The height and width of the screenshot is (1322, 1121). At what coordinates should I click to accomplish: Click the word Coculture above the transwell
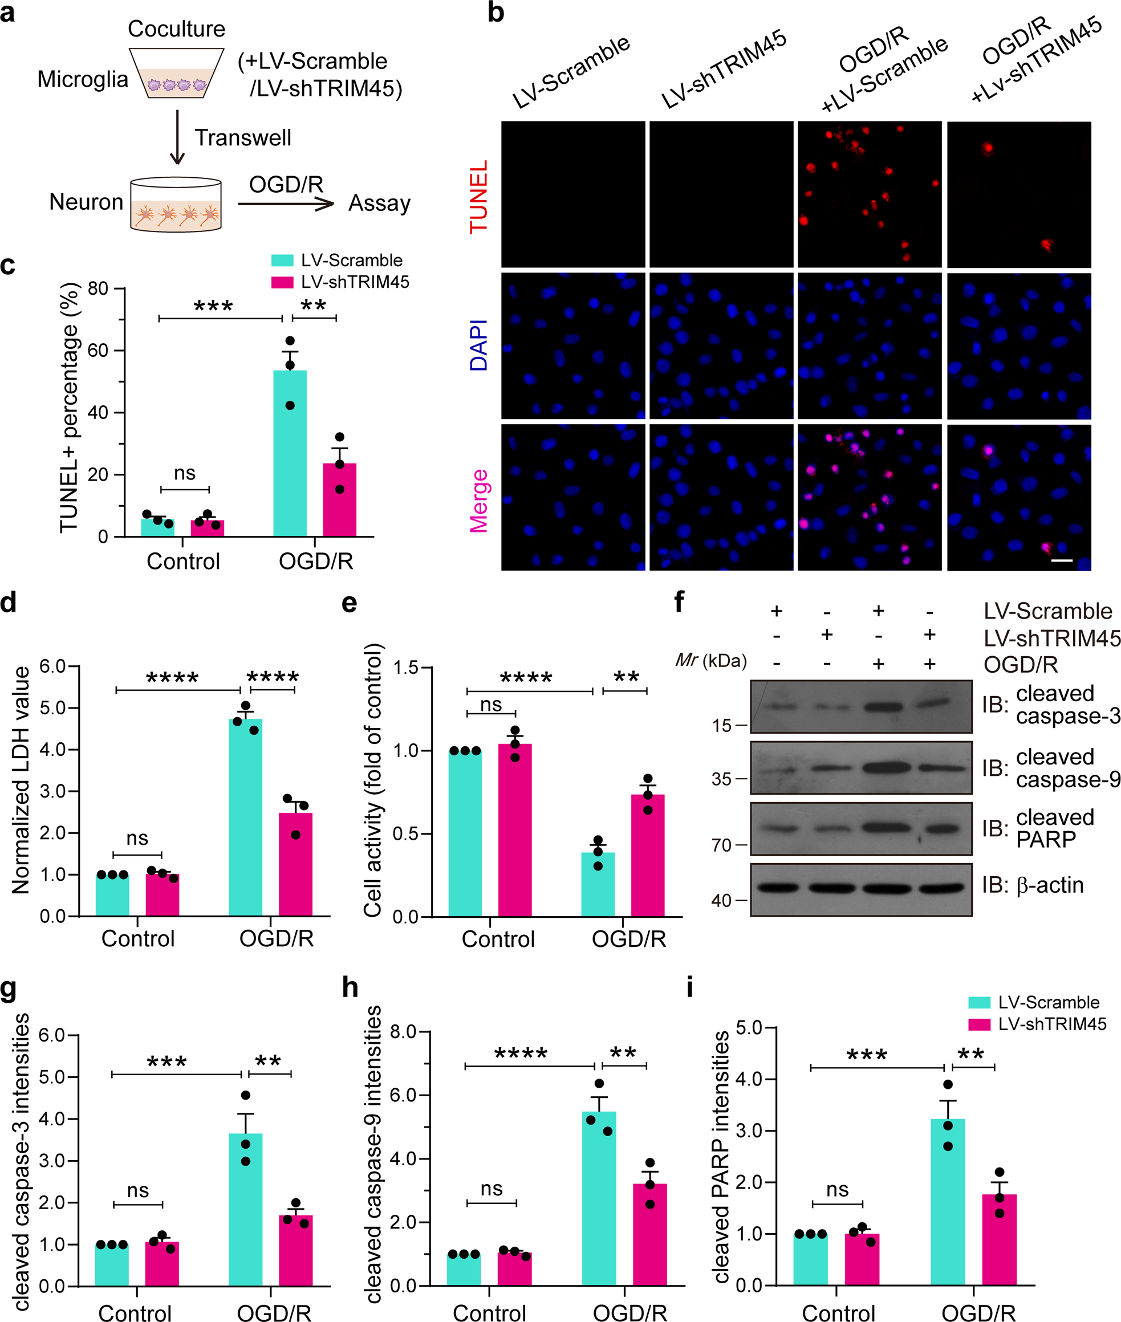click(176, 29)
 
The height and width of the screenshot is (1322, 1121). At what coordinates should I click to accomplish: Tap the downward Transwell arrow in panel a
click(177, 137)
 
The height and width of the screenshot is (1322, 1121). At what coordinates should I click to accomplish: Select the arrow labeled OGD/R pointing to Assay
click(286, 204)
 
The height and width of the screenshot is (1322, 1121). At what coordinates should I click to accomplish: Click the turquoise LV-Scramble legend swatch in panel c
click(282, 260)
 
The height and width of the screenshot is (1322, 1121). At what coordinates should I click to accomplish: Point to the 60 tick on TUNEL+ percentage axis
click(98, 350)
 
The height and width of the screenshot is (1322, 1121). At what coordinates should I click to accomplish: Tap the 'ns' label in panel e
click(490, 705)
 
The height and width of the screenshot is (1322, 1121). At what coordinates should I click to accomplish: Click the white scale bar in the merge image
click(1061, 560)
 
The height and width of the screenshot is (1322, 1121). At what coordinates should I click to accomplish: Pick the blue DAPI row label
click(478, 345)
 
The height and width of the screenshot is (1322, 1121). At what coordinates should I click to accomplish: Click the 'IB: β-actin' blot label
click(1032, 885)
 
